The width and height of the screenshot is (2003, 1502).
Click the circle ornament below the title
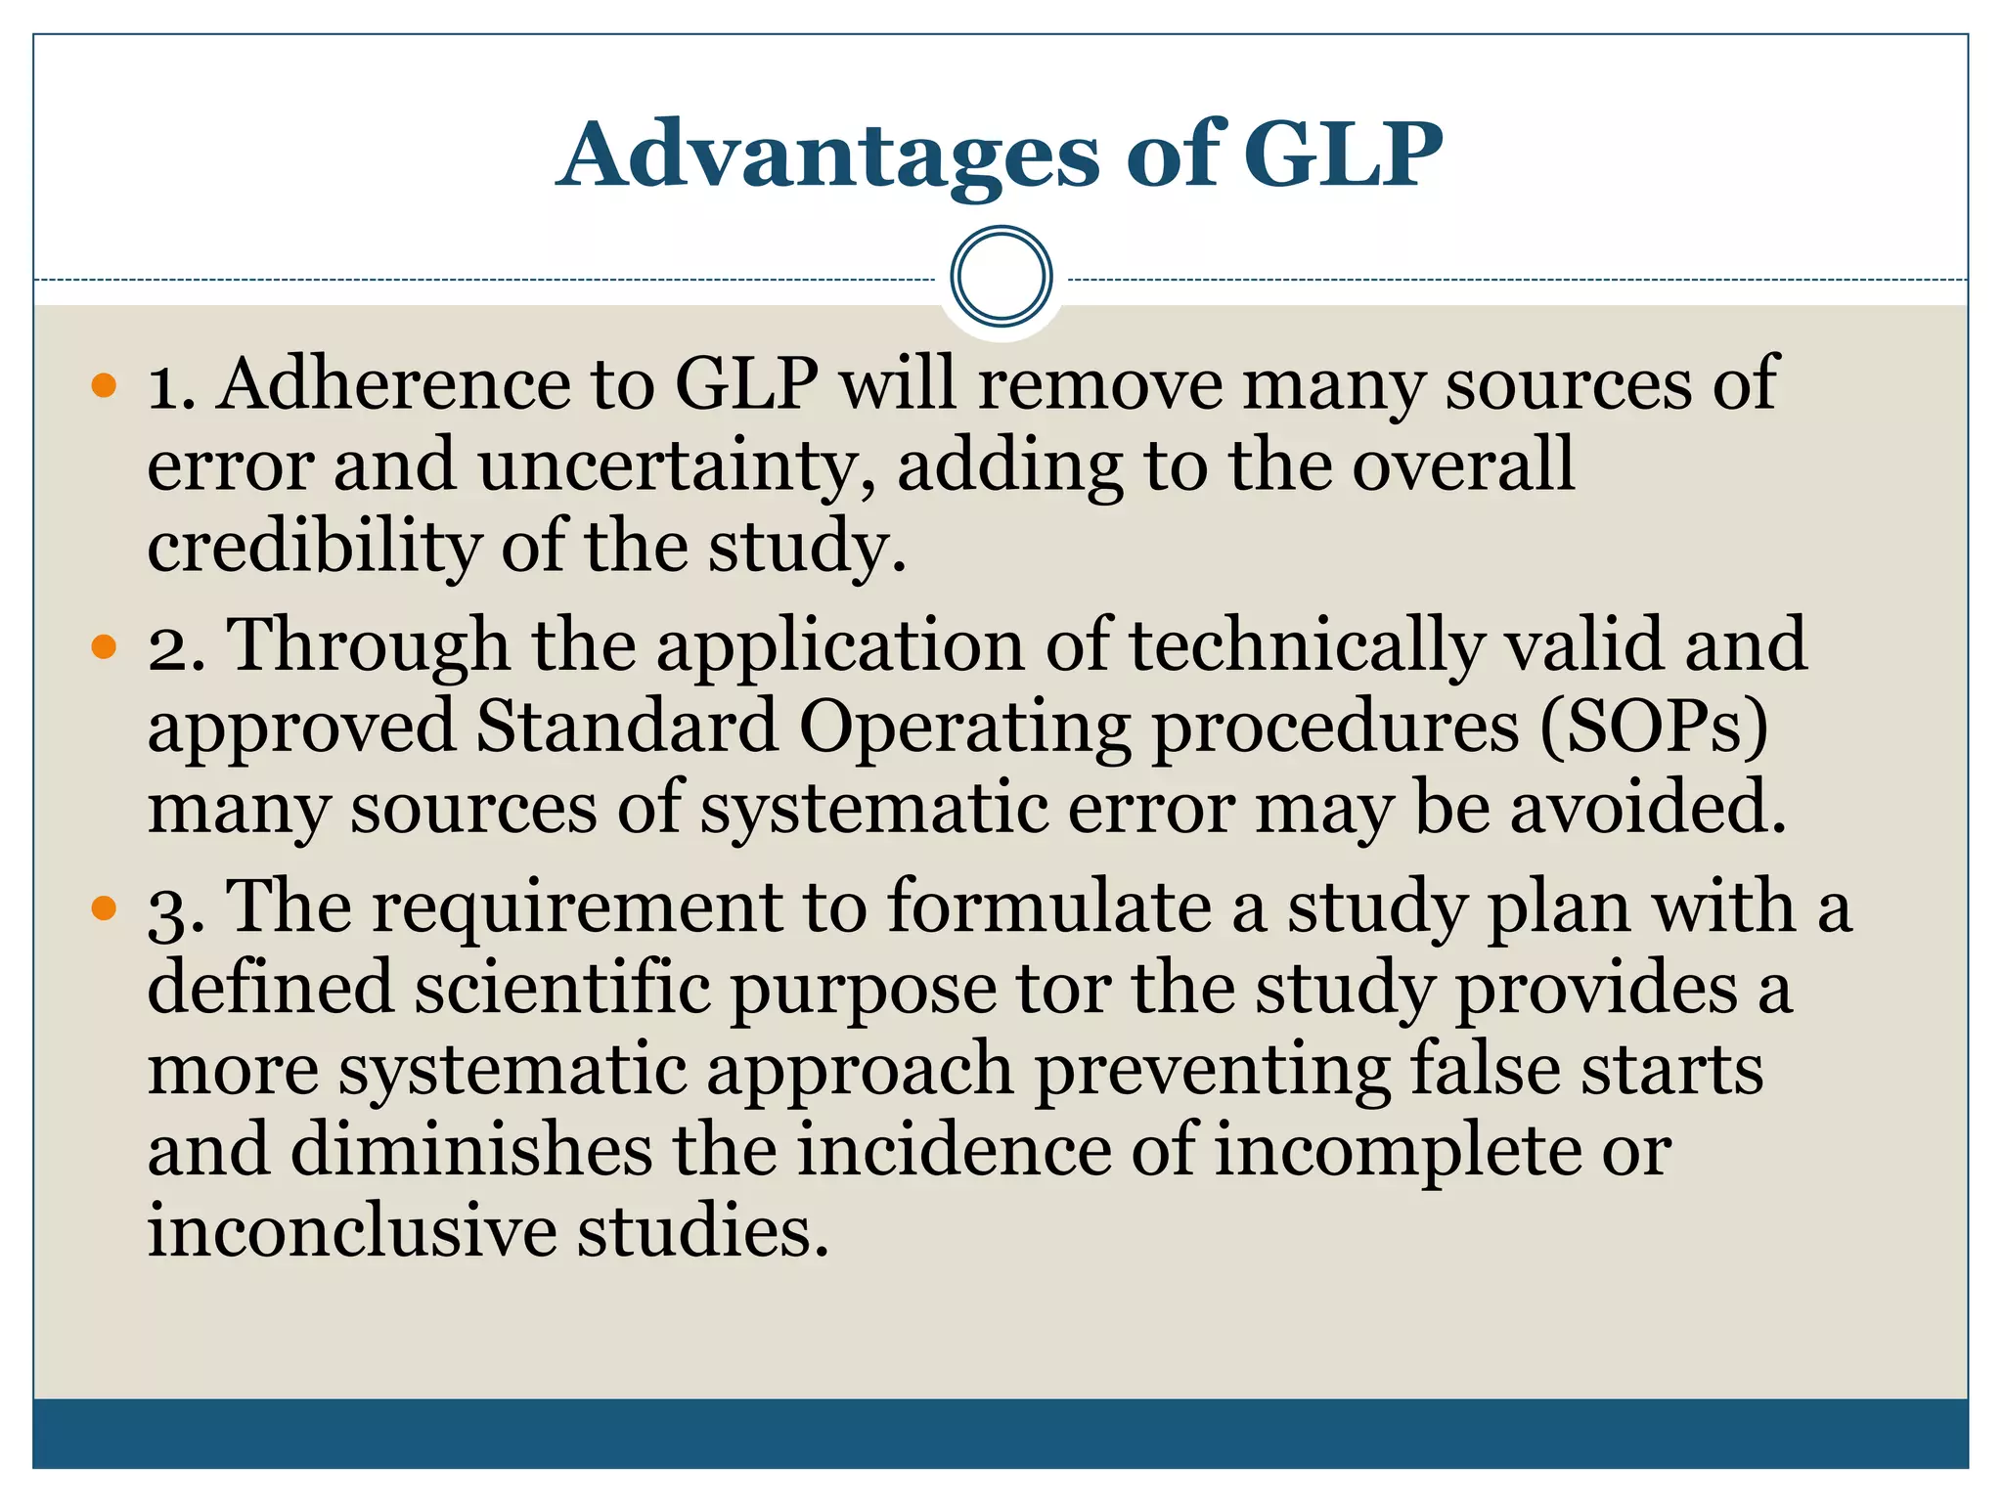click(1001, 276)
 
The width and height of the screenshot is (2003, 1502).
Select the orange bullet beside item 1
click(104, 384)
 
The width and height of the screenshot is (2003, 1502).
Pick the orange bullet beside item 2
click(104, 646)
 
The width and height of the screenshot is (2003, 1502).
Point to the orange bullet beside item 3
click(104, 908)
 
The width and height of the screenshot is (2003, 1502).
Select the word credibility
click(314, 547)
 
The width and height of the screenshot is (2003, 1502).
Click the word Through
click(368, 646)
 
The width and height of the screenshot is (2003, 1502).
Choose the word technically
click(1306, 646)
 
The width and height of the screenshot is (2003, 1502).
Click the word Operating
click(964, 729)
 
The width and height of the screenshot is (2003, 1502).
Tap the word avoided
click(1648, 809)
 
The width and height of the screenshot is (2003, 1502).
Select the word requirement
click(577, 908)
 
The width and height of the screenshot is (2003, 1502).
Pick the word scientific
click(561, 988)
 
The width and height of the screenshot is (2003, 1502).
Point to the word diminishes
click(471, 1150)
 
